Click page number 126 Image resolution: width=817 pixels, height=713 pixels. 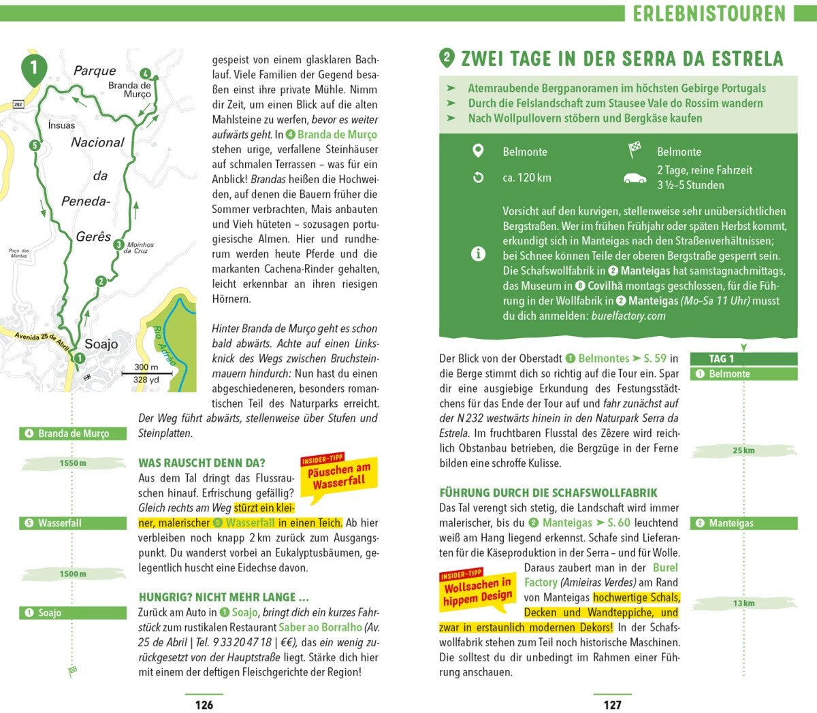point(204,705)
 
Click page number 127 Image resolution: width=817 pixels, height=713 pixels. point(612,705)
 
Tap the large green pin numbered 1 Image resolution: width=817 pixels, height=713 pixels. point(34,68)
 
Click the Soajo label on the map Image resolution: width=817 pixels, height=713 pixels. point(101,344)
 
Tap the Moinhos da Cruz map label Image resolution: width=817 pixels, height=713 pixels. point(140,248)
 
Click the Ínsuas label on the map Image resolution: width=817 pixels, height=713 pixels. point(61,125)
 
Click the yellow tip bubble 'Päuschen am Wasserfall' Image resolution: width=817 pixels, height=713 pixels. point(339,476)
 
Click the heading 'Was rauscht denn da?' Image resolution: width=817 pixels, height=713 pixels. point(202,463)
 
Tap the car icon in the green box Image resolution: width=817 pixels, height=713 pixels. point(635,178)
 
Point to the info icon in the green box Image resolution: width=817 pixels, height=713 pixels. point(478,254)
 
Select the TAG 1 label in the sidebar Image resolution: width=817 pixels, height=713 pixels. point(722,359)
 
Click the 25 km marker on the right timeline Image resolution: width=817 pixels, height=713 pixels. point(743,450)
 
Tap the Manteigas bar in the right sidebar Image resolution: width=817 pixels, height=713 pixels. point(743,523)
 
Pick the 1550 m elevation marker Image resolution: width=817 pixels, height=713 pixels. point(73,463)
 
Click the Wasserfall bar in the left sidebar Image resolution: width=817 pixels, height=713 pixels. point(73,523)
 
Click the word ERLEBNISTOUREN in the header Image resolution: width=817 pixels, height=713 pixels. point(709,14)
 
